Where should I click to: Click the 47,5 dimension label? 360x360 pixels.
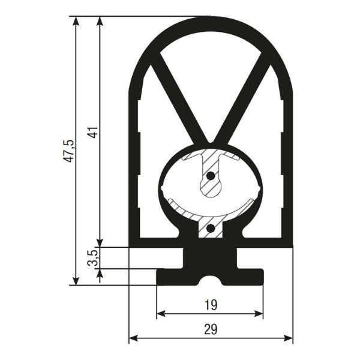pyautogui.click(x=69, y=151)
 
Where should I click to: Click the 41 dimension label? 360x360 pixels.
pyautogui.click(x=93, y=132)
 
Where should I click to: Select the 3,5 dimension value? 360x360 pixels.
pyautogui.click(x=93, y=258)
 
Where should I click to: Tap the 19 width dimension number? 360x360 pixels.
pyautogui.click(x=211, y=305)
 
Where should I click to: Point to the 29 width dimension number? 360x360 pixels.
pyautogui.click(x=211, y=329)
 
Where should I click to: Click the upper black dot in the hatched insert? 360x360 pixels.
pyautogui.click(x=211, y=176)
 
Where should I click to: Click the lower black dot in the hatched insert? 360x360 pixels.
pyautogui.click(x=211, y=228)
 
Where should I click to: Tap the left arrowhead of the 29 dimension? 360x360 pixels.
pyautogui.click(x=133, y=338)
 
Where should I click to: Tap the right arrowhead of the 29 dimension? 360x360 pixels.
pyautogui.click(x=288, y=338)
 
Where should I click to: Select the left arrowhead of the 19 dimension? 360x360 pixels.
pyautogui.click(x=161, y=314)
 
